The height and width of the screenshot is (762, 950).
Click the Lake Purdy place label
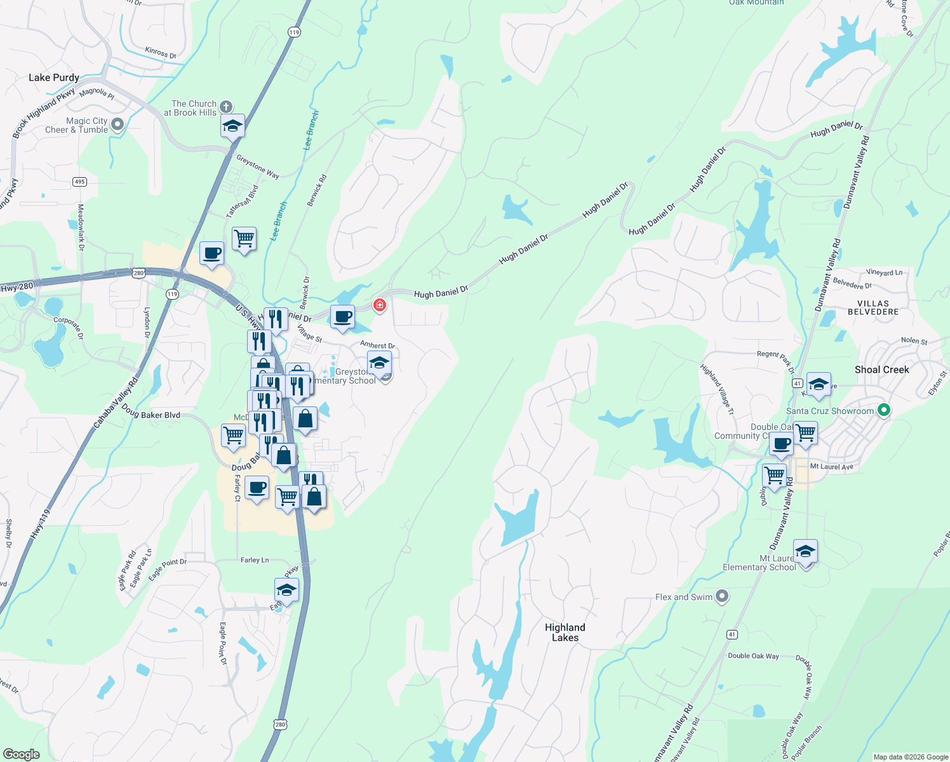(x=54, y=77)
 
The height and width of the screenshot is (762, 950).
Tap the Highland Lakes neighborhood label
(x=565, y=632)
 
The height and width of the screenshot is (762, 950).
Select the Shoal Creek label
(x=881, y=370)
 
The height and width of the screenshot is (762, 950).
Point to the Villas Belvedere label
(x=873, y=308)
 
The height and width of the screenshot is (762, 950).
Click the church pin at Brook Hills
(x=226, y=107)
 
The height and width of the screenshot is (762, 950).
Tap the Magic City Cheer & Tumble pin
(x=117, y=124)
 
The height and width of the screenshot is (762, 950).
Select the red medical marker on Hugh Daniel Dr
(x=380, y=305)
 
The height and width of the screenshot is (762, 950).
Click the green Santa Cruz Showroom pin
(x=883, y=410)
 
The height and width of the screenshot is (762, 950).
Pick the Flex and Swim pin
(x=721, y=596)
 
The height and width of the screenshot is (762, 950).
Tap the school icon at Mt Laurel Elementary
(x=805, y=551)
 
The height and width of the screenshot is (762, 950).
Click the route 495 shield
(x=79, y=182)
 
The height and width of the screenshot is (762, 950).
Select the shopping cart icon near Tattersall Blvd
(x=244, y=239)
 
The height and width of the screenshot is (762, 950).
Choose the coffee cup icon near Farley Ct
(x=257, y=488)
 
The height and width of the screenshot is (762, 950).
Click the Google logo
(x=22, y=754)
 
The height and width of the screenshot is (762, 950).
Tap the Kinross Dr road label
(x=161, y=53)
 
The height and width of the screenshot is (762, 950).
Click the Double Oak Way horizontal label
(x=753, y=656)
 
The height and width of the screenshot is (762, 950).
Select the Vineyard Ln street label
(x=884, y=272)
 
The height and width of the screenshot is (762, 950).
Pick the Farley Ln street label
(x=255, y=560)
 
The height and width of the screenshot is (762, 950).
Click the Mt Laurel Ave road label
(x=832, y=467)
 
